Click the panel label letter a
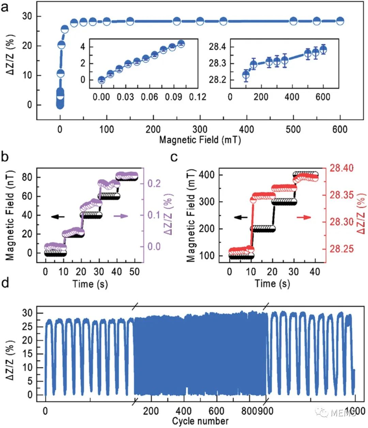pyautogui.click(x=5, y=7)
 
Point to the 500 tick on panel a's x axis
pyautogui.click(x=293, y=129)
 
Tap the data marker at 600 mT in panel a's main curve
pyautogui.click(x=340, y=21)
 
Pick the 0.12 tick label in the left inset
pyautogui.click(x=198, y=97)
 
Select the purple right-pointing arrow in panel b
pyautogui.click(x=121, y=216)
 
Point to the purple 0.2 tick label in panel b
pyautogui.click(x=154, y=183)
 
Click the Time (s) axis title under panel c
pyautogui.click(x=272, y=284)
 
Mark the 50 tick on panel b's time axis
pyautogui.click(x=135, y=272)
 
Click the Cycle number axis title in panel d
pyautogui.click(x=200, y=421)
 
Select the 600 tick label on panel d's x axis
pyautogui.click(x=216, y=411)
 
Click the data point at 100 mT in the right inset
pyautogui.click(x=246, y=74)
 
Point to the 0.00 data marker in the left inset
pyautogui.click(x=102, y=80)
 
